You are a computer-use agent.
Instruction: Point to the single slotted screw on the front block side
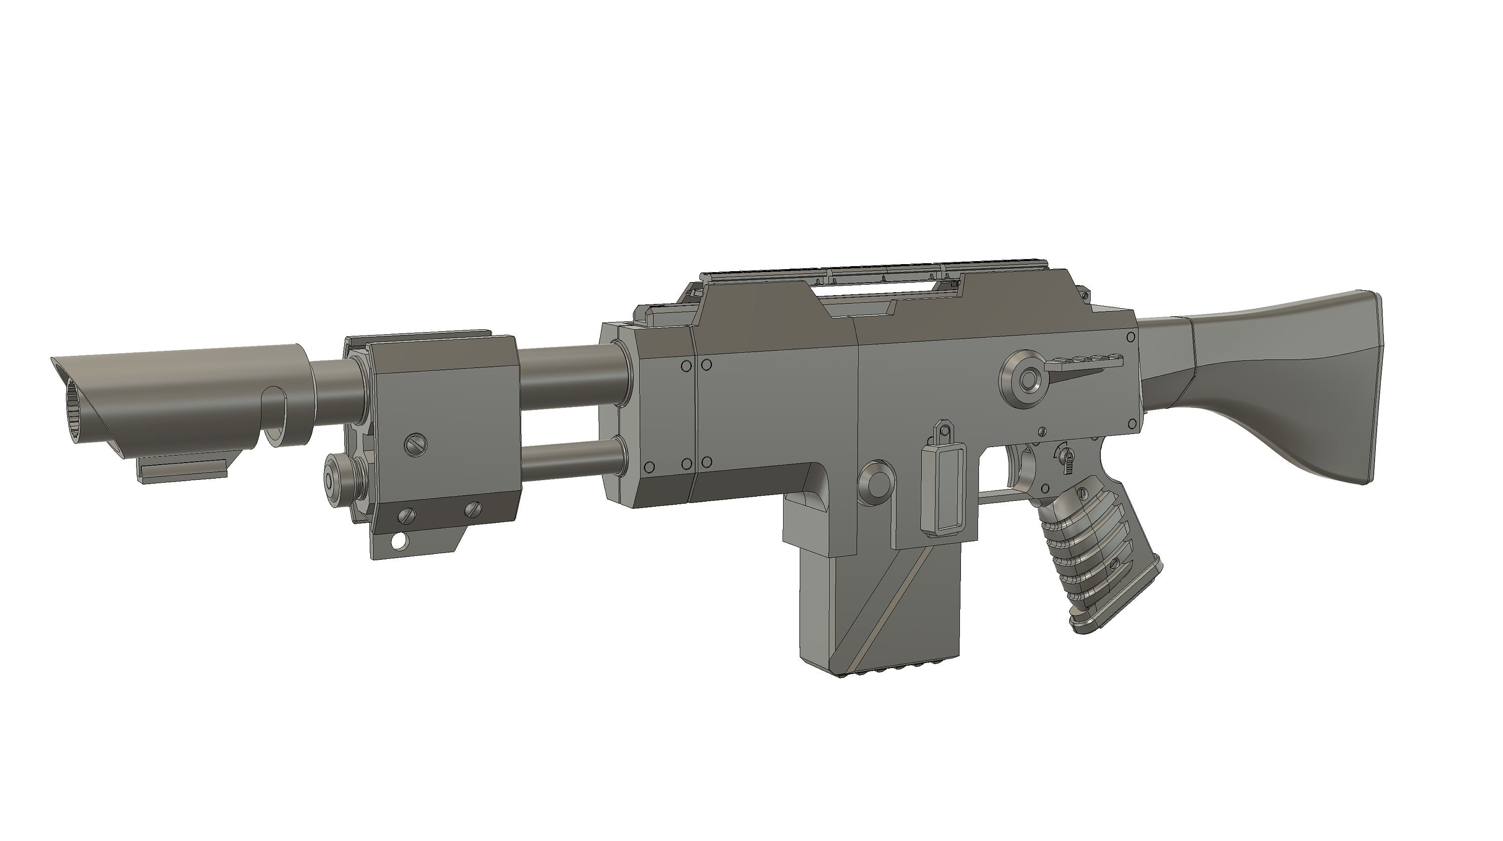[415, 445]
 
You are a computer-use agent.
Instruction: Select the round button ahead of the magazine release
[875, 483]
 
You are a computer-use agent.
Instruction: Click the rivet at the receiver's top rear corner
[1130, 337]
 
